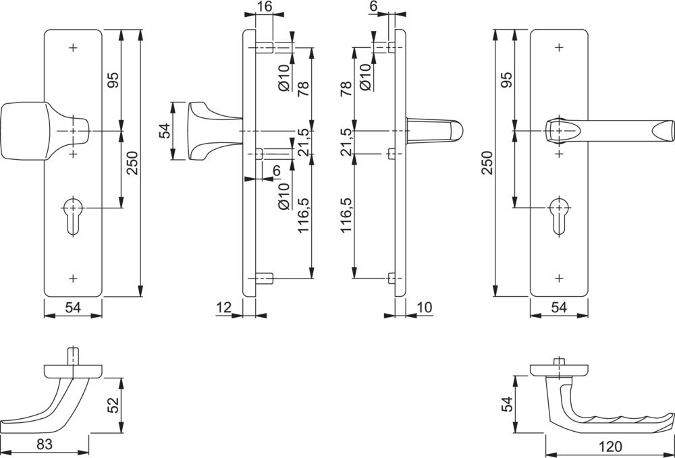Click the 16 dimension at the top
click(x=265, y=7)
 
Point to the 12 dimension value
click(x=224, y=308)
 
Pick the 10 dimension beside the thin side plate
click(x=424, y=308)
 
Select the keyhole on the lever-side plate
click(x=558, y=214)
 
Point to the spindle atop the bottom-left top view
click(x=72, y=355)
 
